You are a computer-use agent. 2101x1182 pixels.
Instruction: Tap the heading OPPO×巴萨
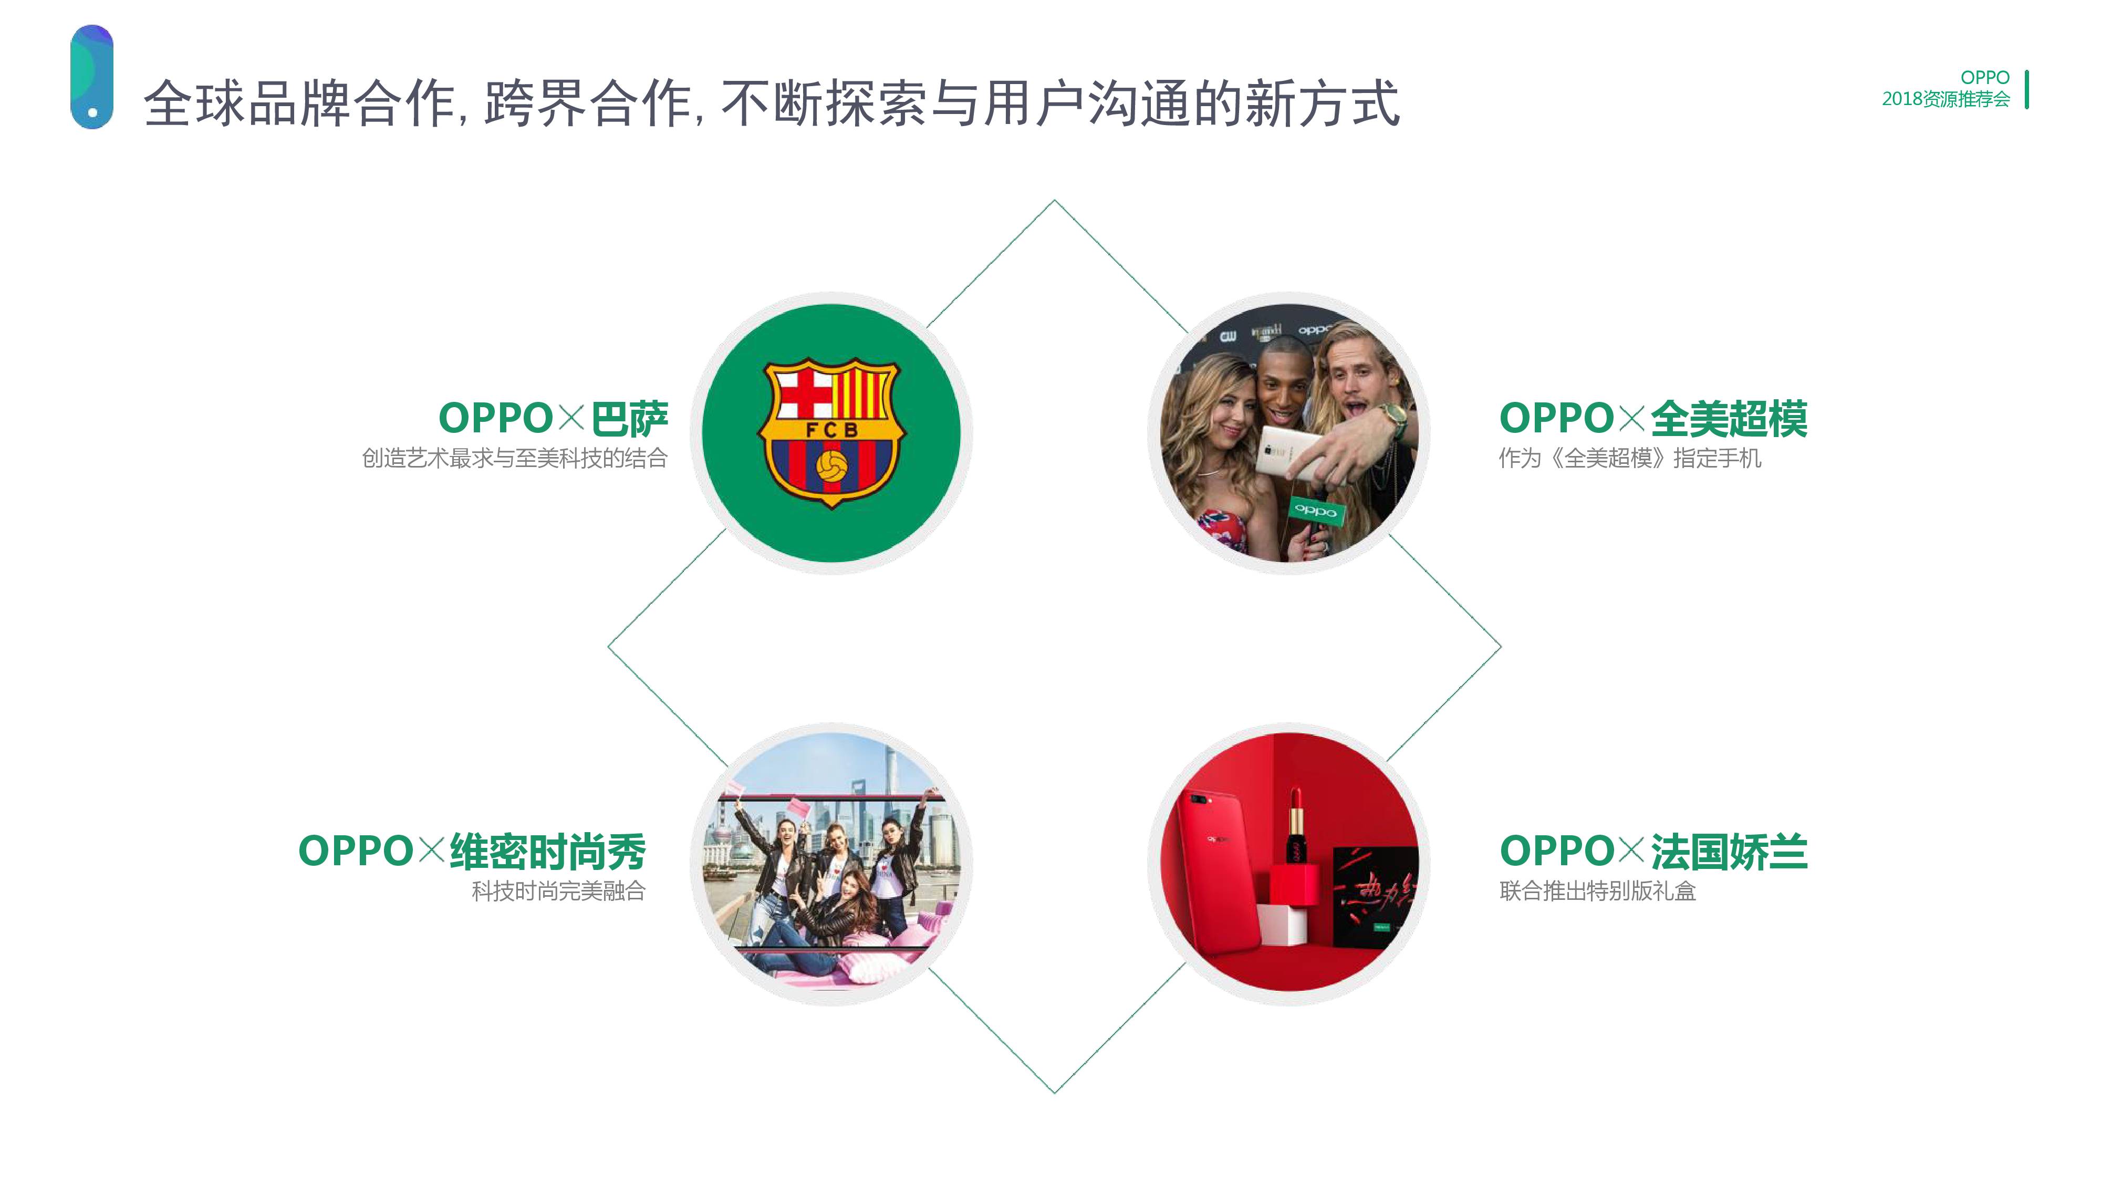click(553, 419)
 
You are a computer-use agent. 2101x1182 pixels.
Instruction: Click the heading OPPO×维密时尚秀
click(472, 851)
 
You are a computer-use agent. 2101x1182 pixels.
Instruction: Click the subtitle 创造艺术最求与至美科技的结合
click(515, 459)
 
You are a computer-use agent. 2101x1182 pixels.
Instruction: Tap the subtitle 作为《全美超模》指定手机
click(1629, 459)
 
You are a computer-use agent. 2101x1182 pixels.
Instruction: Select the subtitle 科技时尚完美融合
click(558, 891)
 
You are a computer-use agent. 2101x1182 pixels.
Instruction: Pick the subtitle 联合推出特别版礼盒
click(1597, 891)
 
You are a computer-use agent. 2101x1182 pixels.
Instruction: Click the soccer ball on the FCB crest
click(831, 466)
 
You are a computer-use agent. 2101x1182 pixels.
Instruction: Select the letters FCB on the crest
click(831, 429)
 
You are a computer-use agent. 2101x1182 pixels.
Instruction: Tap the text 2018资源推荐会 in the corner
click(1945, 99)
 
